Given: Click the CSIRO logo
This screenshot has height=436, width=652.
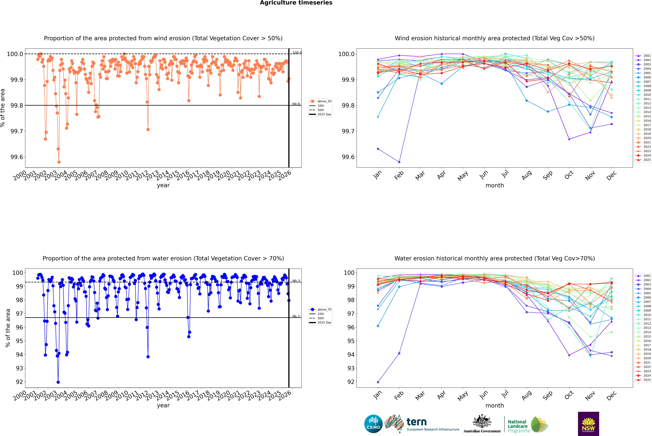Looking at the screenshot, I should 373,424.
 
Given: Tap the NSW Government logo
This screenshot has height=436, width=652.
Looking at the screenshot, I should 588,424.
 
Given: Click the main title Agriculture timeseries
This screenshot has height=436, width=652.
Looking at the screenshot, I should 296,3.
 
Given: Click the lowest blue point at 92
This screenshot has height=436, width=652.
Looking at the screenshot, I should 58,382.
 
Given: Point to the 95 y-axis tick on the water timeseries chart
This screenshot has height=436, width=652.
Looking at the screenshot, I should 19,341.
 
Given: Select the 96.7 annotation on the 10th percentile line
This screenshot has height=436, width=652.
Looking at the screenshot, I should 296,316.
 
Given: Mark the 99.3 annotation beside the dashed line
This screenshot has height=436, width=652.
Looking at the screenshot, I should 296,281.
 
